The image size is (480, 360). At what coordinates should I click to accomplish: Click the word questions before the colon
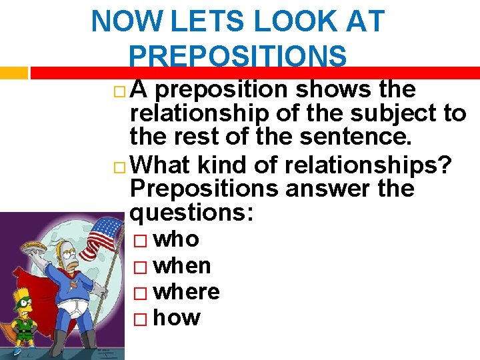click(192, 213)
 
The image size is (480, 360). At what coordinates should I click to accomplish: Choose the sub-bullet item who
click(176, 239)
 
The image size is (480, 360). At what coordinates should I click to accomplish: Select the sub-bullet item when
click(182, 265)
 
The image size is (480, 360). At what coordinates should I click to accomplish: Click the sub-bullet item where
click(187, 291)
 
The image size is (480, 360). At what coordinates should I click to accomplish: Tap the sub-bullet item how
click(177, 317)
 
